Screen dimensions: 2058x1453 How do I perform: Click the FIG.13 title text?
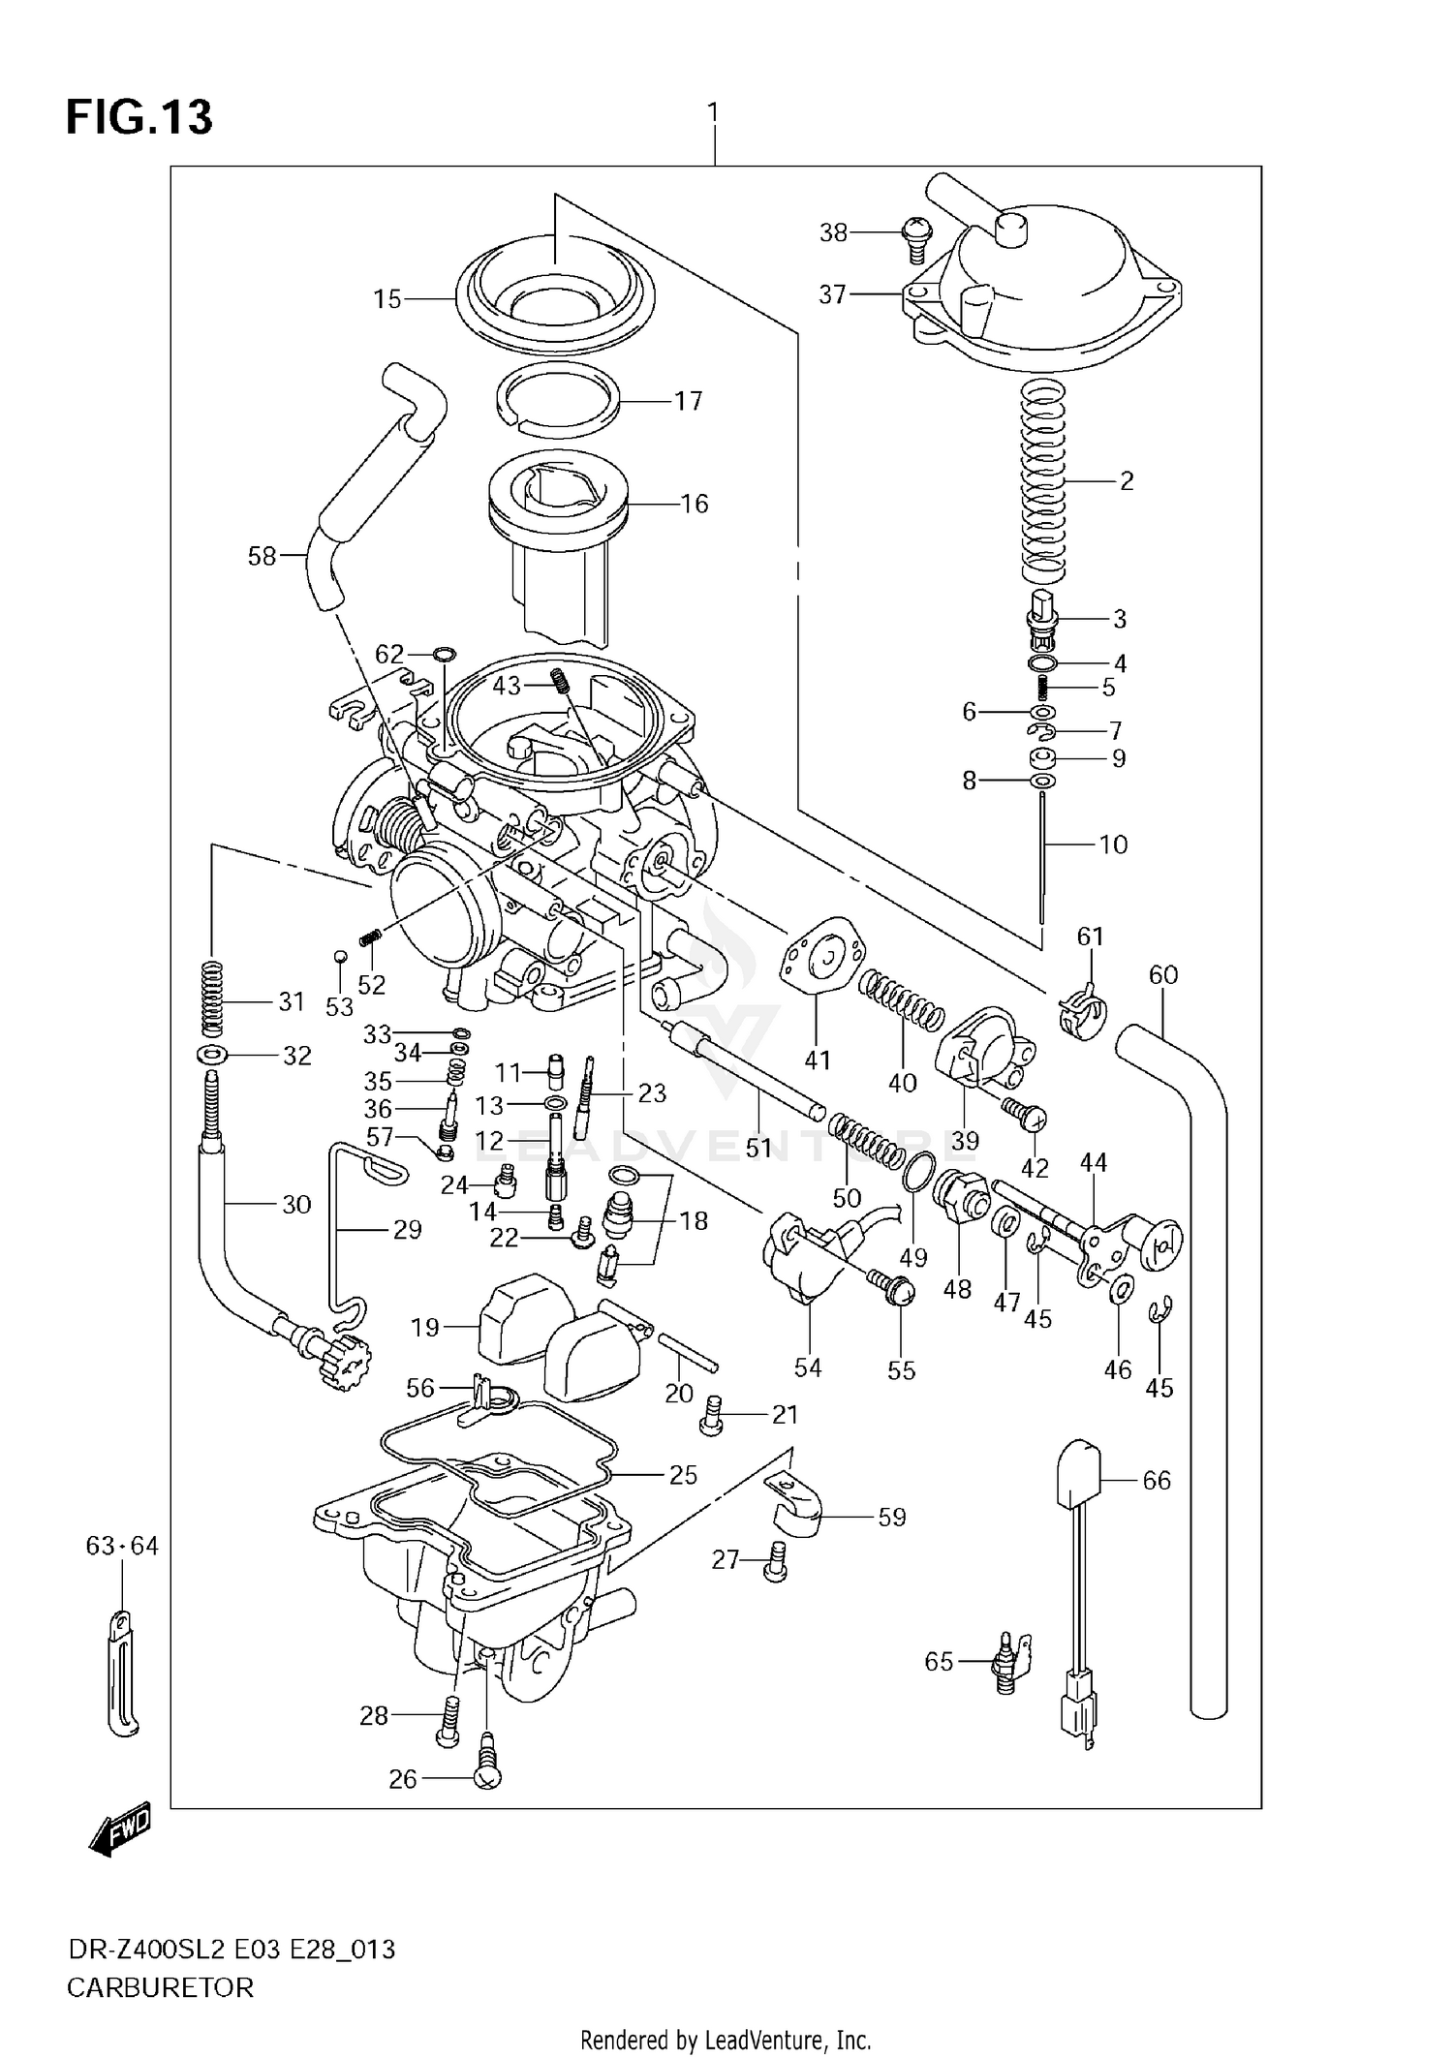(139, 117)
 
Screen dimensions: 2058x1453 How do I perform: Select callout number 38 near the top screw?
(833, 232)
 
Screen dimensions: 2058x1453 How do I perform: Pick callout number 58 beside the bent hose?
(262, 556)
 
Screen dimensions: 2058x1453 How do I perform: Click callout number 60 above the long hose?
(1162, 974)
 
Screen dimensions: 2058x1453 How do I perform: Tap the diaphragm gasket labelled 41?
(821, 958)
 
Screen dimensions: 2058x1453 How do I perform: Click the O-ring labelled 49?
(919, 1172)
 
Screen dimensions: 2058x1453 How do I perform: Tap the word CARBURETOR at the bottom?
(160, 1987)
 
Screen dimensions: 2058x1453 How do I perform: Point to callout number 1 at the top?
(713, 113)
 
